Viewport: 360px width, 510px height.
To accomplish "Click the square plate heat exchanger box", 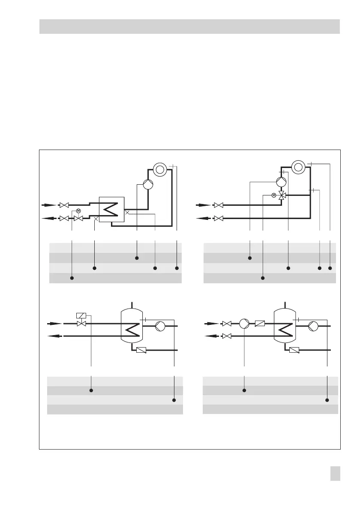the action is [x=111, y=210].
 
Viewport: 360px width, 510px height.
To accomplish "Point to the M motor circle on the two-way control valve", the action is [x=78, y=210].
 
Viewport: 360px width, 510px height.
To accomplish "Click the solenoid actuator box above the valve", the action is [x=81, y=316].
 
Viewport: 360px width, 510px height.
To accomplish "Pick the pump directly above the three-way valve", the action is [x=281, y=181].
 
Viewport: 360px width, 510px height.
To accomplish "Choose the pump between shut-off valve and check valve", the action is [x=244, y=323].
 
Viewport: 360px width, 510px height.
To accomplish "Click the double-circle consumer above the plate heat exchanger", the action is [x=160, y=169].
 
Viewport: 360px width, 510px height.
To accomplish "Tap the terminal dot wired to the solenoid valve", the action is [x=91, y=390].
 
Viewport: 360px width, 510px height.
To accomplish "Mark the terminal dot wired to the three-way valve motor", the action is [x=263, y=278].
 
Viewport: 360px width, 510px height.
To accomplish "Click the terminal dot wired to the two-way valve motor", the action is [x=72, y=278].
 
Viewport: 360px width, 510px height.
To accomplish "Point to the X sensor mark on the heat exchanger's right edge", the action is [x=126, y=212].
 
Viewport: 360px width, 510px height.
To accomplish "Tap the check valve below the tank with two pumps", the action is [x=294, y=350].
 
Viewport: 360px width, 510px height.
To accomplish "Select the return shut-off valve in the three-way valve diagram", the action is [x=218, y=219].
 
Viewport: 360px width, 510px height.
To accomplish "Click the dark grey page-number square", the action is [x=336, y=474].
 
